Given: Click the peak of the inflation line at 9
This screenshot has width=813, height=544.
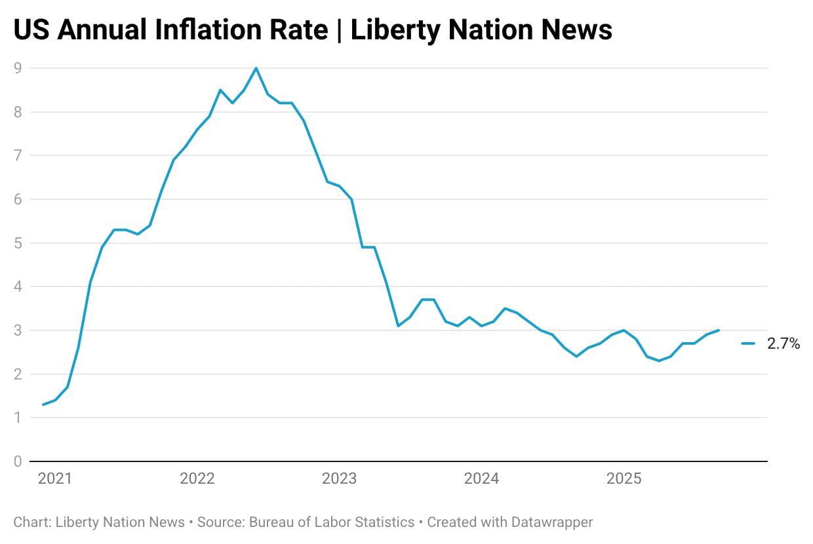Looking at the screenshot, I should pos(256,68).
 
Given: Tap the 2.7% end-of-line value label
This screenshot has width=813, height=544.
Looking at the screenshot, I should pos(783,343).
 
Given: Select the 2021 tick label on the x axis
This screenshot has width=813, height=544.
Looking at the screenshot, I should pos(55,479).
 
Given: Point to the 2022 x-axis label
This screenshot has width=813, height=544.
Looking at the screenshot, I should pos(197,479).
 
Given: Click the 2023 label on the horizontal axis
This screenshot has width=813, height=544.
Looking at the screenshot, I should pos(340,479).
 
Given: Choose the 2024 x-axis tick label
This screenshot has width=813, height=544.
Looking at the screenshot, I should pos(482,479).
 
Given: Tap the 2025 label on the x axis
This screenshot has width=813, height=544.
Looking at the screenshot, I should pos(624,479).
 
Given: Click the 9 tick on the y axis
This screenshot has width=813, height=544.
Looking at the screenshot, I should pos(18,68).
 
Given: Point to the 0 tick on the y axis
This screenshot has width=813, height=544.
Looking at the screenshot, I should pos(18,461).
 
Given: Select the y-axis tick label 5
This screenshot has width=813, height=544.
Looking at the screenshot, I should pos(18,243).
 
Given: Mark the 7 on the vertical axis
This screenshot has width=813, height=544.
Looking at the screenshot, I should pos(18,156).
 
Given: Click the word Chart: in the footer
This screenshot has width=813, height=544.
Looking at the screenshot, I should pos(33,522).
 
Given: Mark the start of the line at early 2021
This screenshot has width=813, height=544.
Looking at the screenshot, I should pos(43,404).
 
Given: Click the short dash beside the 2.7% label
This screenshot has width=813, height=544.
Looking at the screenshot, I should pos(748,343).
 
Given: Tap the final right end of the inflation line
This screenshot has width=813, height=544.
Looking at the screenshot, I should pos(719,330).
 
